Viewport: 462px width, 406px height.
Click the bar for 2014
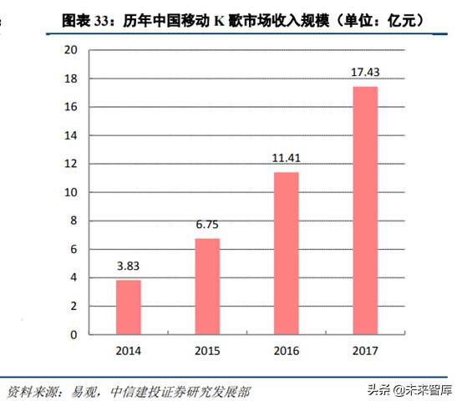click(128, 307)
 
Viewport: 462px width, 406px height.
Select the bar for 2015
click(207, 287)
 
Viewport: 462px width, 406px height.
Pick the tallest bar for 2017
click(365, 211)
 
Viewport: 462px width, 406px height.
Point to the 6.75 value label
click(207, 226)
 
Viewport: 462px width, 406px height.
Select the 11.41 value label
click(287, 159)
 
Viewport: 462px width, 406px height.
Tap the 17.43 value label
click(365, 74)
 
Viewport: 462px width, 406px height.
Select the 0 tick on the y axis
click(74, 334)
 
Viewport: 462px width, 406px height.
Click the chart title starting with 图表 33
click(242, 18)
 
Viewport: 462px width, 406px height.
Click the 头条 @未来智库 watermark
click(412, 390)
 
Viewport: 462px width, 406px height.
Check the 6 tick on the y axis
click(74, 249)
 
